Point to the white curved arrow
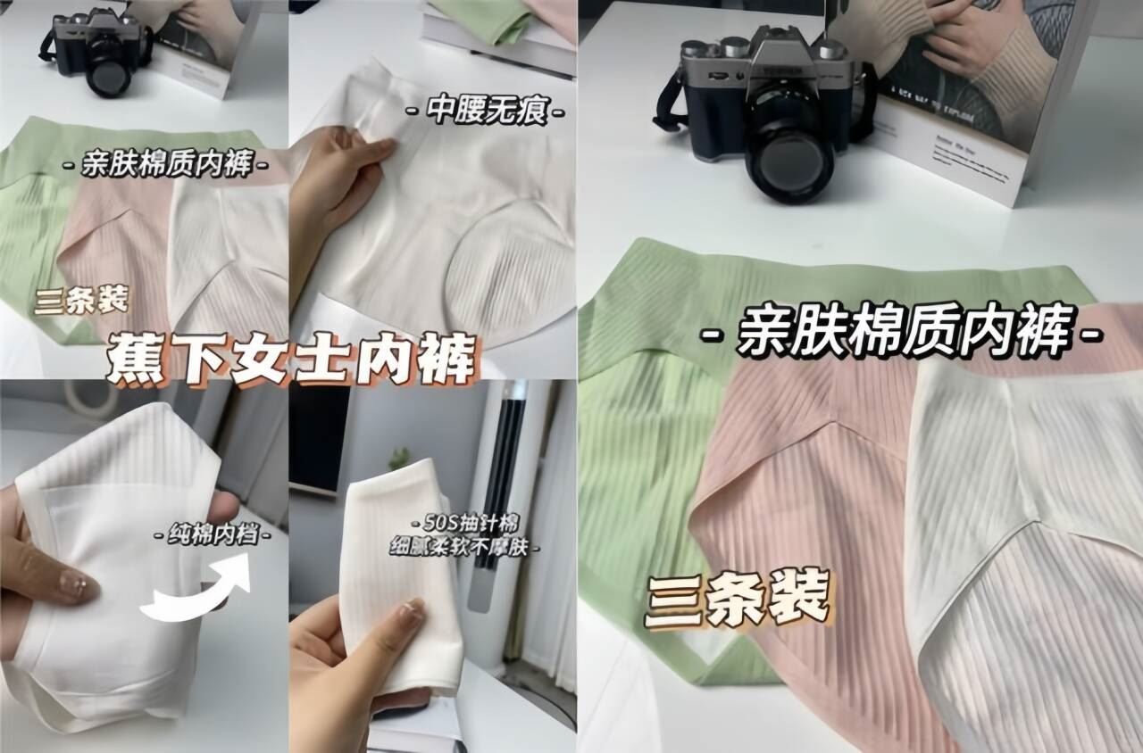[197, 588]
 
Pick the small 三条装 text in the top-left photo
[81, 299]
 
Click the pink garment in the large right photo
[804, 535]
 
